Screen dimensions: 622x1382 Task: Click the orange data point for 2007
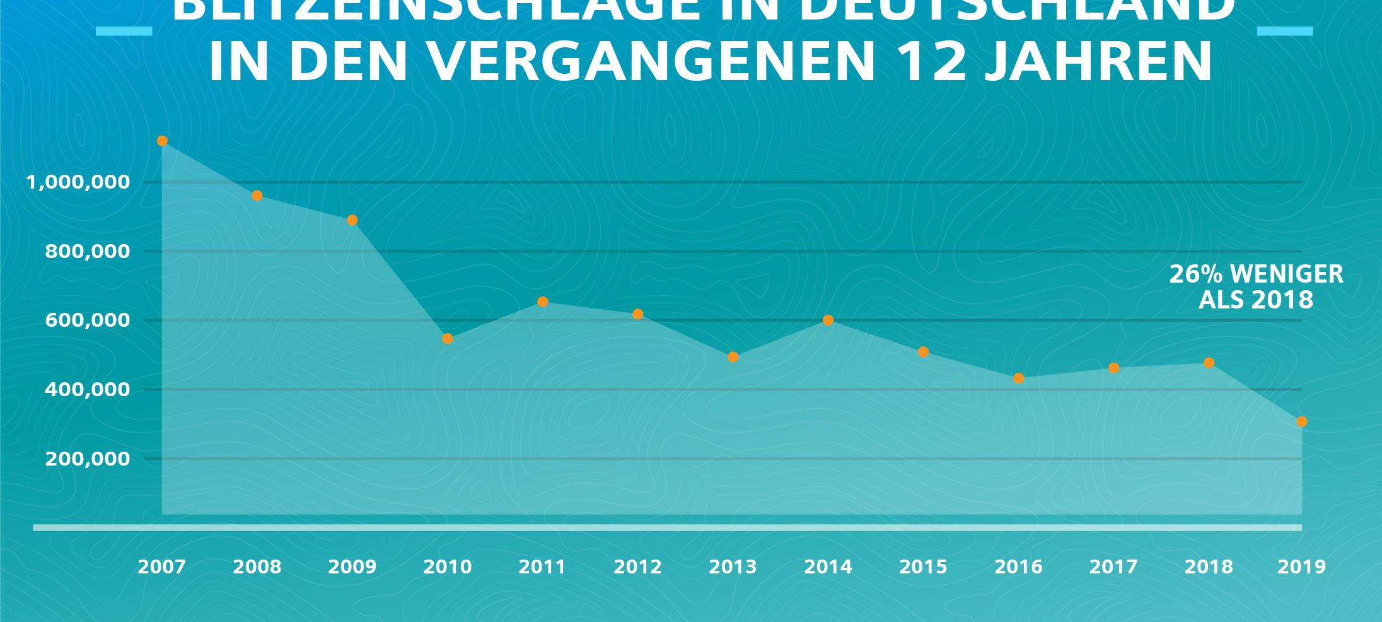click(162, 141)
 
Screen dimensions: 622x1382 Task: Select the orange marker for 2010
click(448, 339)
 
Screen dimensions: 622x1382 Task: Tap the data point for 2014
click(828, 320)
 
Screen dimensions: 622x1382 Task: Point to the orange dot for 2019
click(1302, 421)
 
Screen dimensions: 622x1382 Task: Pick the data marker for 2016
click(1019, 378)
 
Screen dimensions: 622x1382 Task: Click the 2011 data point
click(543, 302)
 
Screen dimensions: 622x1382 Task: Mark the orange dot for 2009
click(352, 220)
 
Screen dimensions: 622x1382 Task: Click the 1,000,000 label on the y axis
click(78, 183)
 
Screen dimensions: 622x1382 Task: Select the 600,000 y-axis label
click(88, 320)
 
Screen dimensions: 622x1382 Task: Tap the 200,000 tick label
click(88, 459)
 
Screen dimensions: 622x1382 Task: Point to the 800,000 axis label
click(88, 252)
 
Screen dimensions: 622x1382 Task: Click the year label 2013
click(733, 567)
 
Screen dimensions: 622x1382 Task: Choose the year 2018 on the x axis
click(1209, 567)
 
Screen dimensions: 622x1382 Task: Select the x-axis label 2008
click(257, 567)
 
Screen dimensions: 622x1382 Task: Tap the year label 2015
click(924, 567)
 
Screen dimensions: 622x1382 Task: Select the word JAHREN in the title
click(1098, 62)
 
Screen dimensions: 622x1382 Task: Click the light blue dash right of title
click(1285, 31)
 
